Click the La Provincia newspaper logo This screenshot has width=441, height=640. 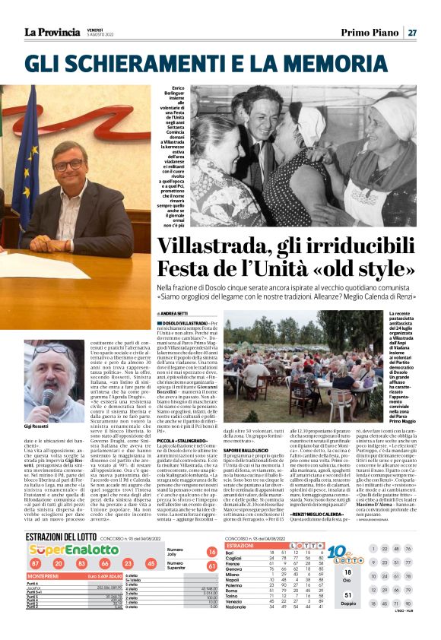pyautogui.click(x=52, y=31)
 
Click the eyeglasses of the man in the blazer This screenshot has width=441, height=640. pyautogui.click(x=71, y=164)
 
